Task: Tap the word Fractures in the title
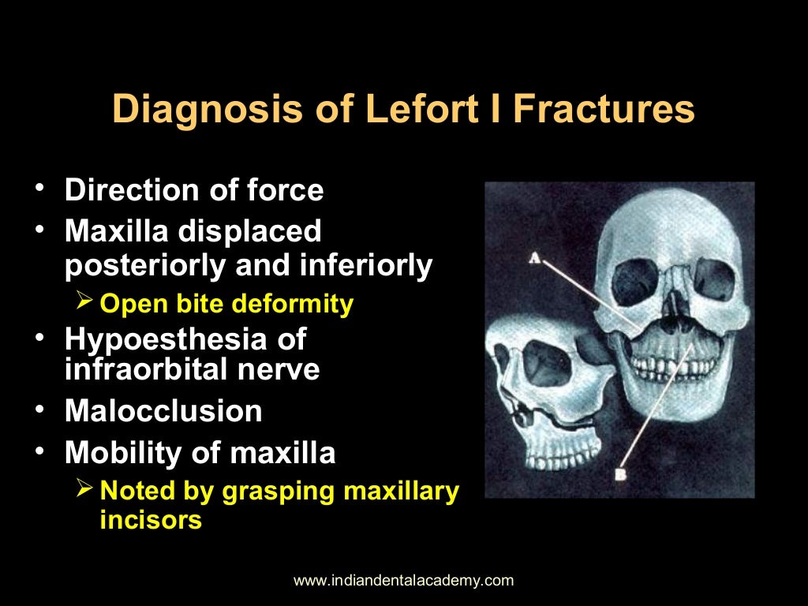click(x=604, y=110)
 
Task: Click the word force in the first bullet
click(x=286, y=191)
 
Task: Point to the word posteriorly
click(x=147, y=266)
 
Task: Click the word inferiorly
click(x=366, y=266)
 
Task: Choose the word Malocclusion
click(x=163, y=411)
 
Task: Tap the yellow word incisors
click(x=151, y=521)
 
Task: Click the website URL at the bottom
click(x=403, y=581)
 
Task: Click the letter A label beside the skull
click(x=534, y=257)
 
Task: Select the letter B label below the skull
click(x=621, y=474)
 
